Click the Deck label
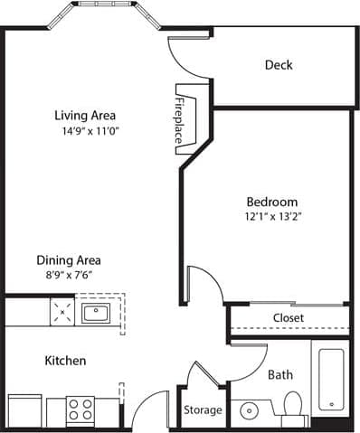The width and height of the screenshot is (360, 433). point(279,65)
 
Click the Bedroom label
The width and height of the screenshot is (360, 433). point(271,202)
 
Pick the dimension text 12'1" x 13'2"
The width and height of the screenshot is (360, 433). point(271,217)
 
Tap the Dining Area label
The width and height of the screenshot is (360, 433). point(69,259)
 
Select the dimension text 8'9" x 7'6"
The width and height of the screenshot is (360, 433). point(69,274)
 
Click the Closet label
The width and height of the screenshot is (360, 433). point(288,318)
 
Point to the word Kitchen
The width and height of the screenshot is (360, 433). point(66,361)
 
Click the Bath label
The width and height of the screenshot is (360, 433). point(280,374)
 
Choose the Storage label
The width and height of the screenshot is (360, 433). point(203,410)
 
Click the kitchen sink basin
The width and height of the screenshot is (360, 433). point(94,314)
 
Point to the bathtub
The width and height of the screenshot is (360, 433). point(331,380)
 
